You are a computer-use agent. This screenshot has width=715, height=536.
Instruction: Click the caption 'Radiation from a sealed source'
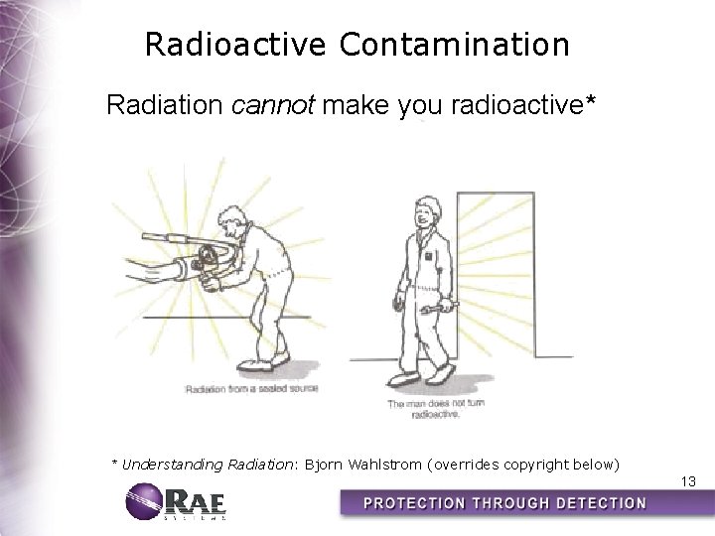point(251,389)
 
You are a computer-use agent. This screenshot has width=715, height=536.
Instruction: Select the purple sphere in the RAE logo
point(143,501)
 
